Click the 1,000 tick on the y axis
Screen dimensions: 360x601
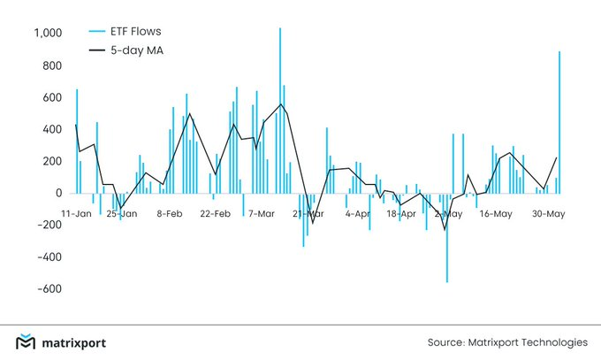45,34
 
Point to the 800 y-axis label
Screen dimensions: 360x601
49,65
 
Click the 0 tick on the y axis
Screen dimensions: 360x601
57,193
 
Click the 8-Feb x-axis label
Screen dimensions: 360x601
170,214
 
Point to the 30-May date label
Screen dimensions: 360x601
549,214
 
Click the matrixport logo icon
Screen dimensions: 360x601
27,342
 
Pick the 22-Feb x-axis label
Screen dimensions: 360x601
217,214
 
